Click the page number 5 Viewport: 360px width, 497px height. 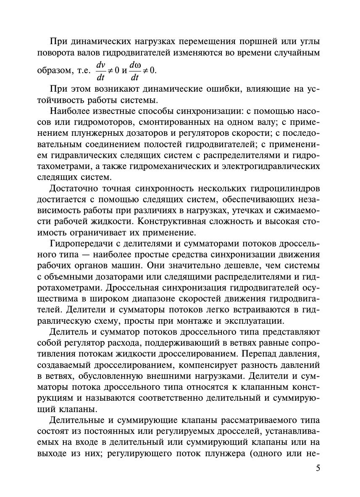[x=317, y=469]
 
